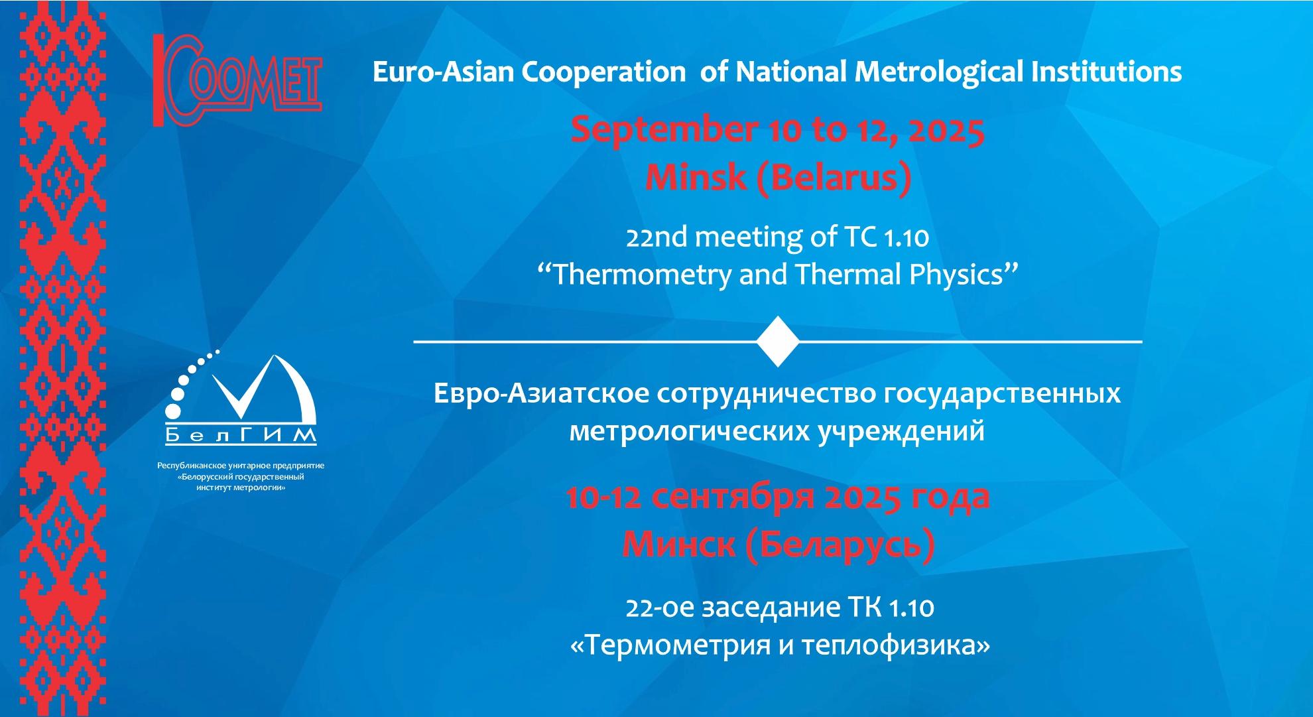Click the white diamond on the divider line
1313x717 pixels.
point(778,342)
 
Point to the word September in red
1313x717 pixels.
point(664,131)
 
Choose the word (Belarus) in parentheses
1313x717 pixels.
point(833,178)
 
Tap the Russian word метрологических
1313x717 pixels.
point(688,432)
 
